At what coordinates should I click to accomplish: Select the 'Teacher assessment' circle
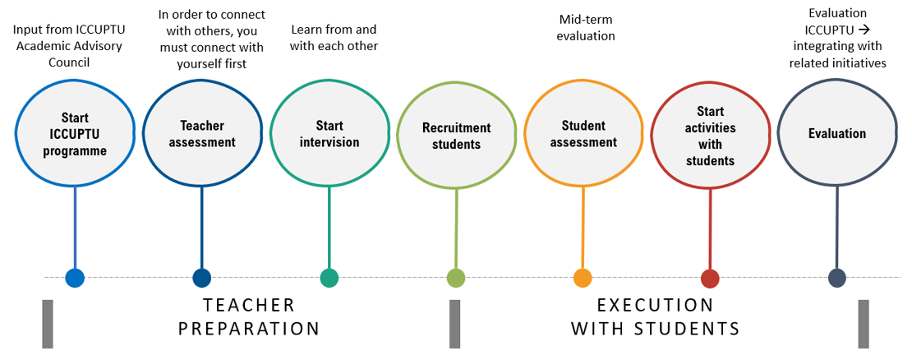[202, 134]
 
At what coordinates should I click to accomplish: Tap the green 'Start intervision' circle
[329, 134]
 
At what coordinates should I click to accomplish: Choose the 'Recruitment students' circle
[456, 136]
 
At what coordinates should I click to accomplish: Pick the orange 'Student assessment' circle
[583, 134]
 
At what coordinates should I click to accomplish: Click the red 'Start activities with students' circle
[710, 136]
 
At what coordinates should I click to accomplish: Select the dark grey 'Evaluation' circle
[836, 134]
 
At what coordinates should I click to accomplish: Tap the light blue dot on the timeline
[75, 278]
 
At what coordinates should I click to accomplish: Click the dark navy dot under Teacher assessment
[202, 278]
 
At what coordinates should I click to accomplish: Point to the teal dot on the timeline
[329, 278]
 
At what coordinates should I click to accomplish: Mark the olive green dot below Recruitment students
[456, 278]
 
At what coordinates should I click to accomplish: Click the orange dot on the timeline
[583, 278]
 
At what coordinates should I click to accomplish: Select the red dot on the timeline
[710, 278]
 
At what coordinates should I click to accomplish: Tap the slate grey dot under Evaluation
[836, 278]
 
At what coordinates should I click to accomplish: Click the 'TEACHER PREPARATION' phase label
[249, 317]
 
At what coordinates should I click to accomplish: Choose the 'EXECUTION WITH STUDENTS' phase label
[655, 317]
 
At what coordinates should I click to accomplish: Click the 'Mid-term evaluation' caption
[587, 28]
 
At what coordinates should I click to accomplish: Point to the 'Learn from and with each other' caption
[334, 38]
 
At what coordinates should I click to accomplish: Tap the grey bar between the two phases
[454, 323]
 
